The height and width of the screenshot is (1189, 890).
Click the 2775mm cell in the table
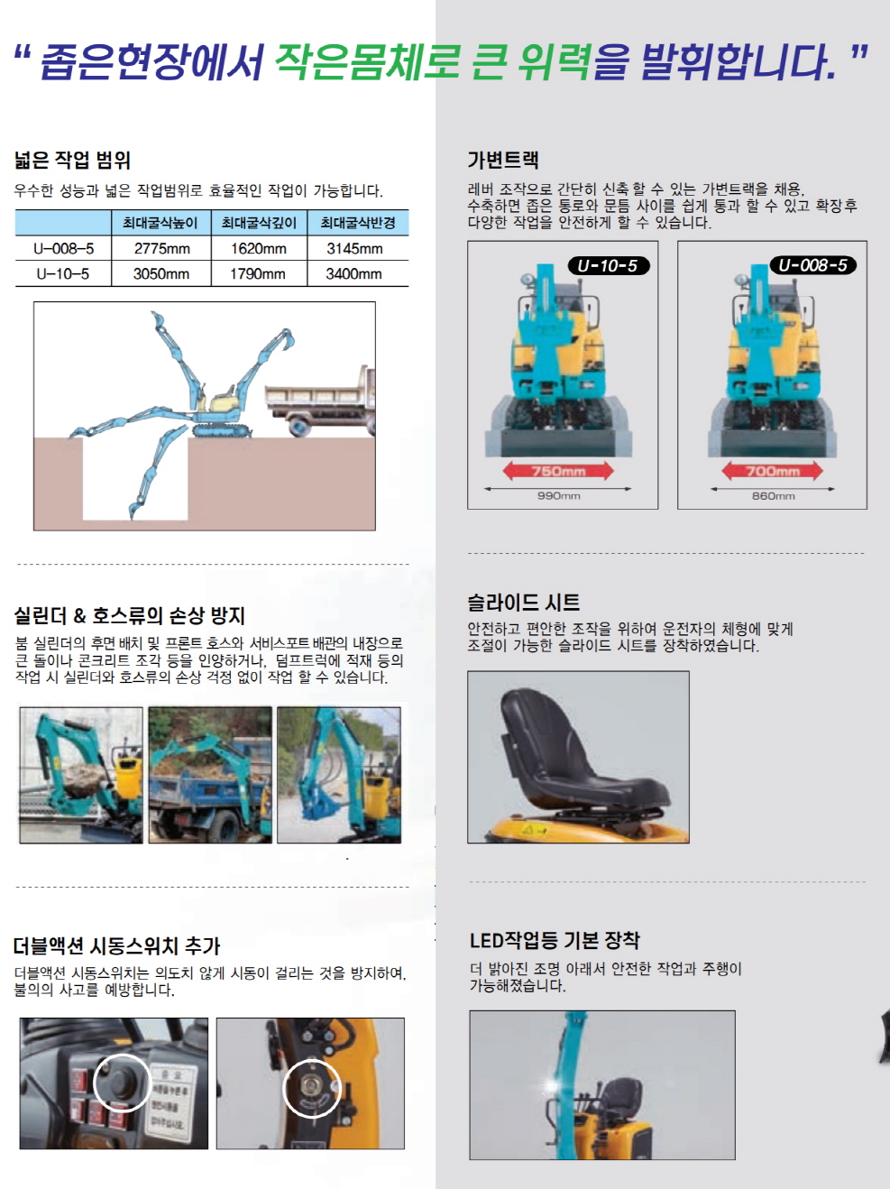click(x=161, y=248)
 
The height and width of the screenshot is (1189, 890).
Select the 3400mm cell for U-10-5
click(x=353, y=273)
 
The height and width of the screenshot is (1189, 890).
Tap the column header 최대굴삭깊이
click(x=259, y=223)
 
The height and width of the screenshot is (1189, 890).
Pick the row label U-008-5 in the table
click(x=63, y=248)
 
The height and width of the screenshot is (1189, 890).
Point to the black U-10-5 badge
click(x=608, y=266)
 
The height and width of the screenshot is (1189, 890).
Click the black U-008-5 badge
click(x=812, y=265)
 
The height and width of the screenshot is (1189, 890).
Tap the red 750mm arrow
click(x=558, y=471)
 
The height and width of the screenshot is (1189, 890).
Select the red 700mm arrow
click(x=772, y=471)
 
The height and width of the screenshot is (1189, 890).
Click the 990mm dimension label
click(x=558, y=496)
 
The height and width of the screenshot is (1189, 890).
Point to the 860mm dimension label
click(x=773, y=496)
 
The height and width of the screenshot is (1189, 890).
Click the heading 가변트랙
click(x=502, y=161)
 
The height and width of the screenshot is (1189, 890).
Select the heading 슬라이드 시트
click(x=523, y=603)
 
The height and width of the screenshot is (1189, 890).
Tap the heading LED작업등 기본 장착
click(x=554, y=941)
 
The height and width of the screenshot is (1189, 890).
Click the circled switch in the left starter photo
click(x=121, y=1082)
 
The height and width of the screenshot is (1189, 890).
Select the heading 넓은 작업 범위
click(x=72, y=161)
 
